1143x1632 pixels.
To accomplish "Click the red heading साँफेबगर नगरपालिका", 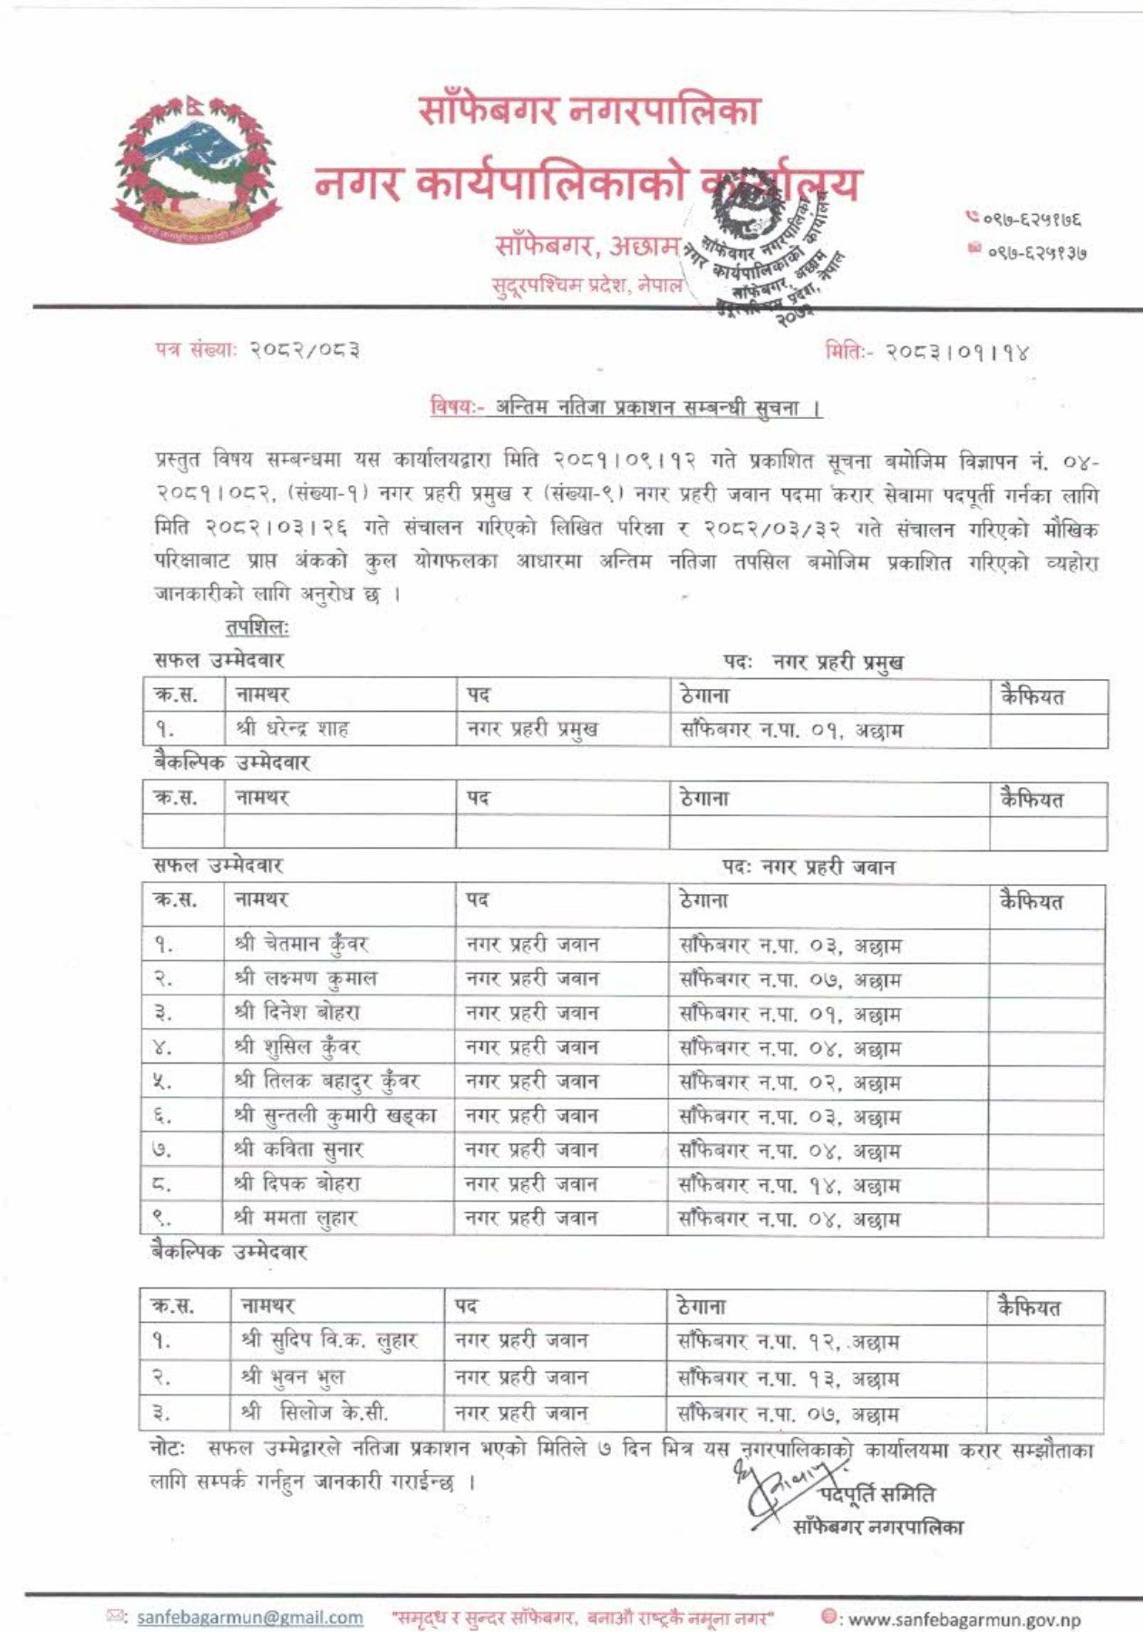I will coord(588,110).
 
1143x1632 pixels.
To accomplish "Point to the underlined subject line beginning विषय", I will coord(625,408).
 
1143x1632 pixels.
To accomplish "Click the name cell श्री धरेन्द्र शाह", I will coord(292,728).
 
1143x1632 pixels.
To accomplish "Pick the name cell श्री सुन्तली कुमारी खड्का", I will coord(334,1115).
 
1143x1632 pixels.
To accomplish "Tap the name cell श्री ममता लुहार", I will coord(295,1218).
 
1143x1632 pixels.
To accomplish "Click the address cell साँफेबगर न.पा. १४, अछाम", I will coord(789,1185).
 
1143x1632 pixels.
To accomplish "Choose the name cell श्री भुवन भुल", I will coord(293,1377).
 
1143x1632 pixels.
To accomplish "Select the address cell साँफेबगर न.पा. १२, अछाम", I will coord(788,1341).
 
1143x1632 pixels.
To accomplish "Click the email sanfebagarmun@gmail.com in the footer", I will coord(249,1617).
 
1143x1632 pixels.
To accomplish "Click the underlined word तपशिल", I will coord(257,627).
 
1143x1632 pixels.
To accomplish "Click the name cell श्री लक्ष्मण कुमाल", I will coord(305,978).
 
